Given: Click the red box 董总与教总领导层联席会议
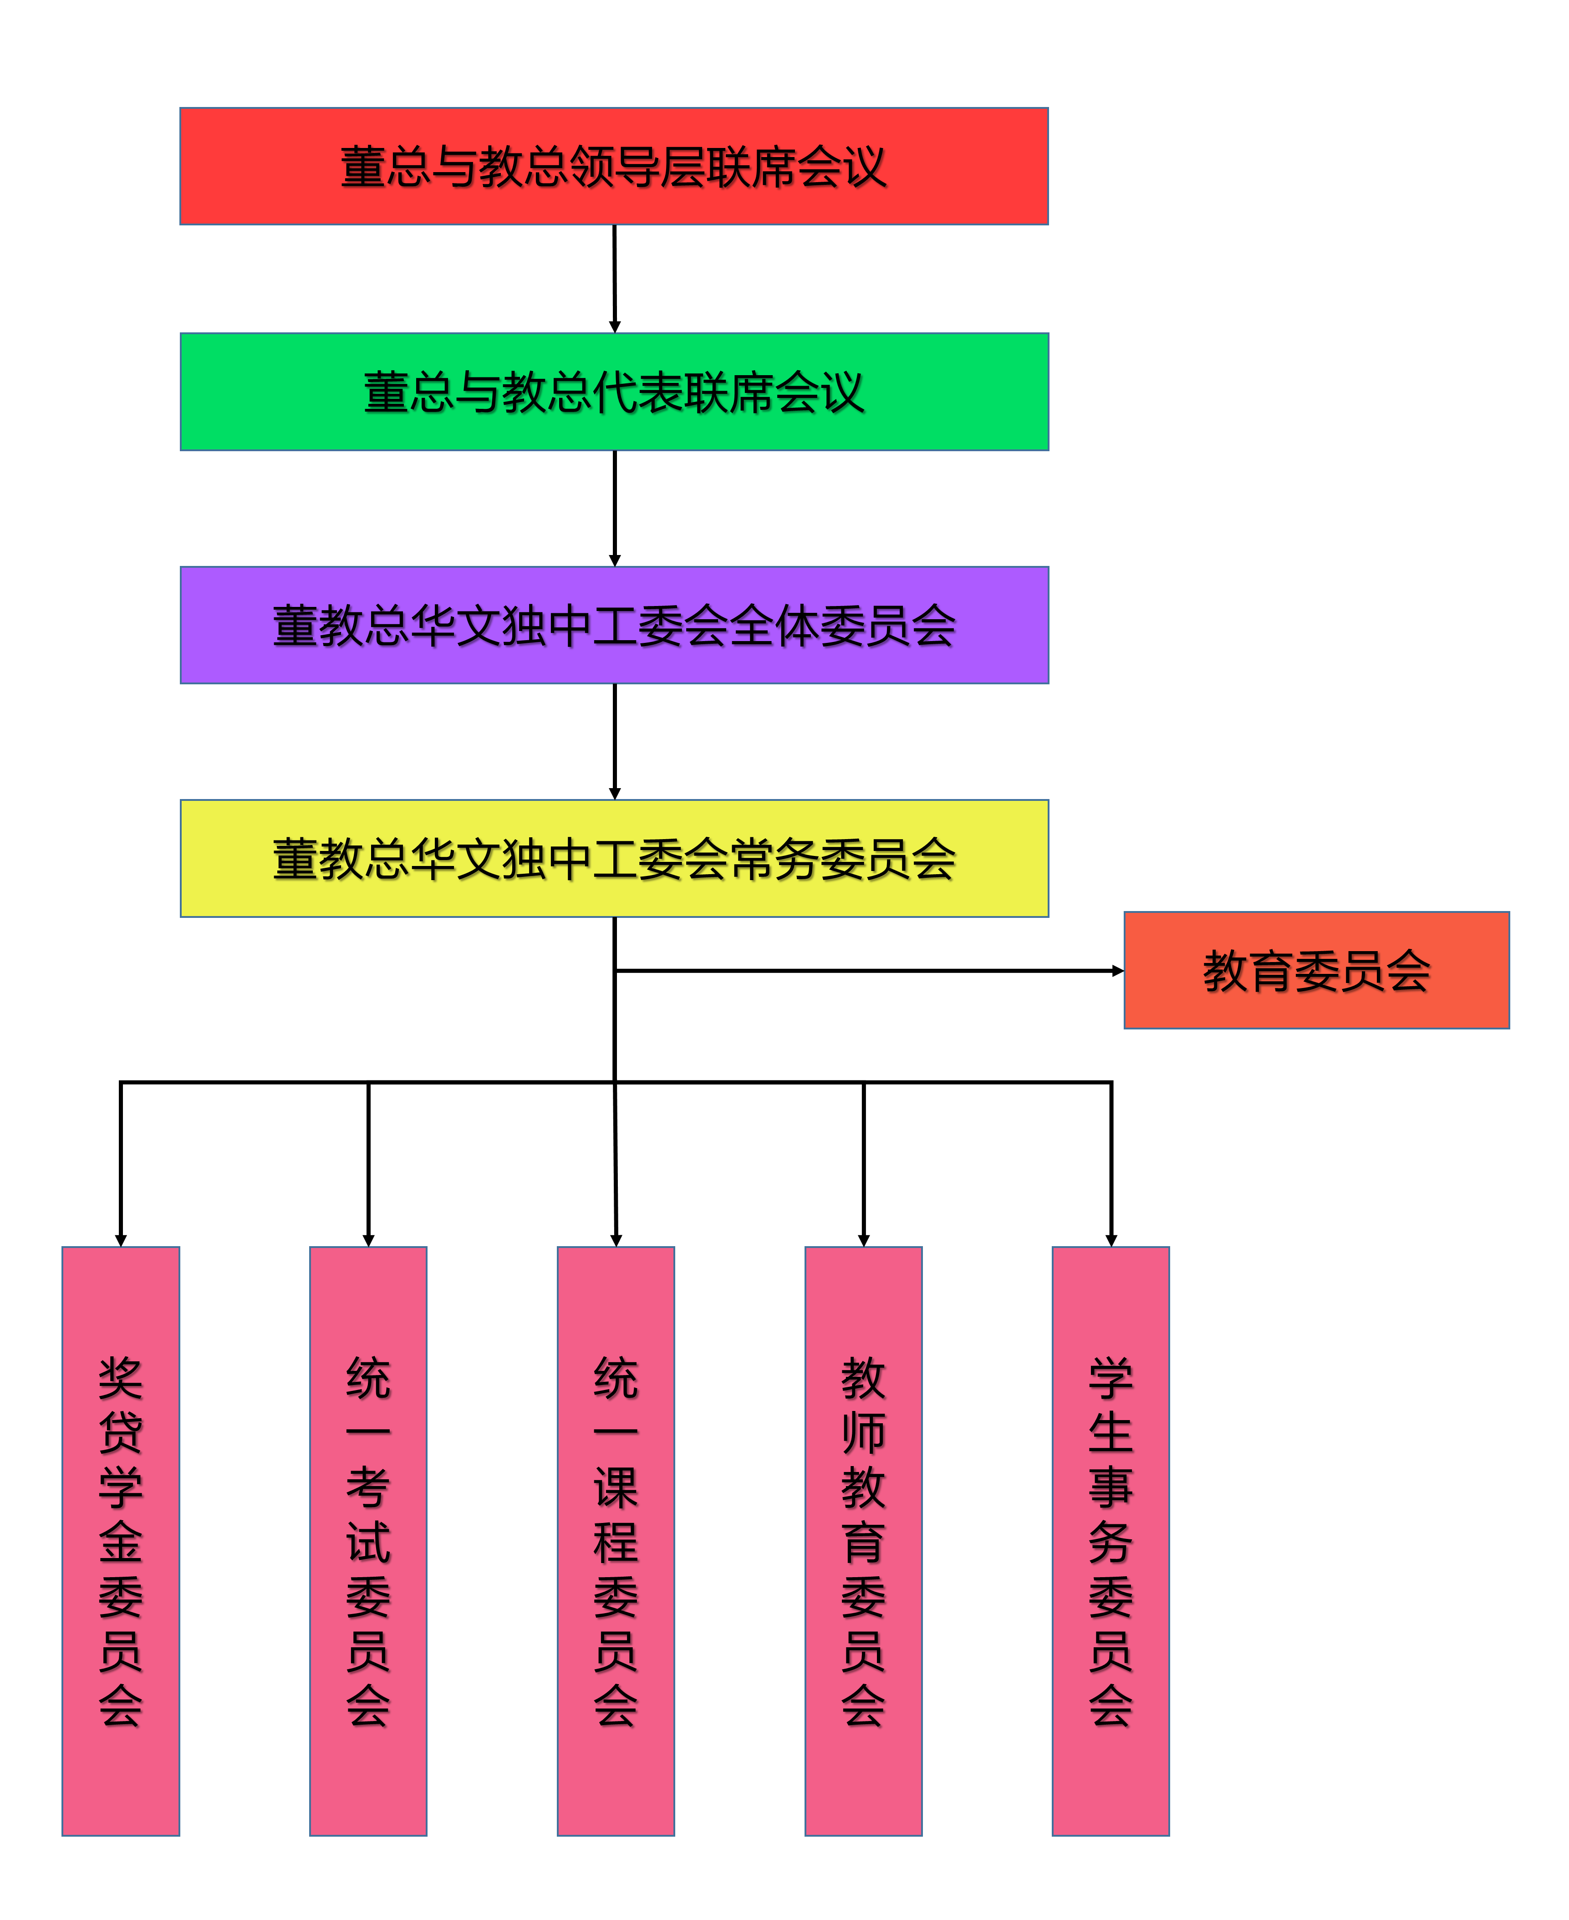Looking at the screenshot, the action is point(615,166).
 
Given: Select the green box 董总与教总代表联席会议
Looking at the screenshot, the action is point(615,391).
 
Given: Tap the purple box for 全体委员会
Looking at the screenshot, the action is point(615,625).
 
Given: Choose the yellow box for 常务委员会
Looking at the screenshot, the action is point(615,858).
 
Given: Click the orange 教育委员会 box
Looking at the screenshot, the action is point(1317,970).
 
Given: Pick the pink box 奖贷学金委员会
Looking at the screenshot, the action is point(121,1542).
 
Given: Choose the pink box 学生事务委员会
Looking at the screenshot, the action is point(1111,1542).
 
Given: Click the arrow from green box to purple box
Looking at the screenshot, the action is point(615,509).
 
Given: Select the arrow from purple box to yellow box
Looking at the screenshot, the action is point(615,742).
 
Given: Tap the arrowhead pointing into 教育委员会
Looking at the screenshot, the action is point(1119,971).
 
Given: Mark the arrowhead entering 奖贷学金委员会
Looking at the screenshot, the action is point(121,1242).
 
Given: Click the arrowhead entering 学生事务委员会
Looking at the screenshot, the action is point(1111,1242).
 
